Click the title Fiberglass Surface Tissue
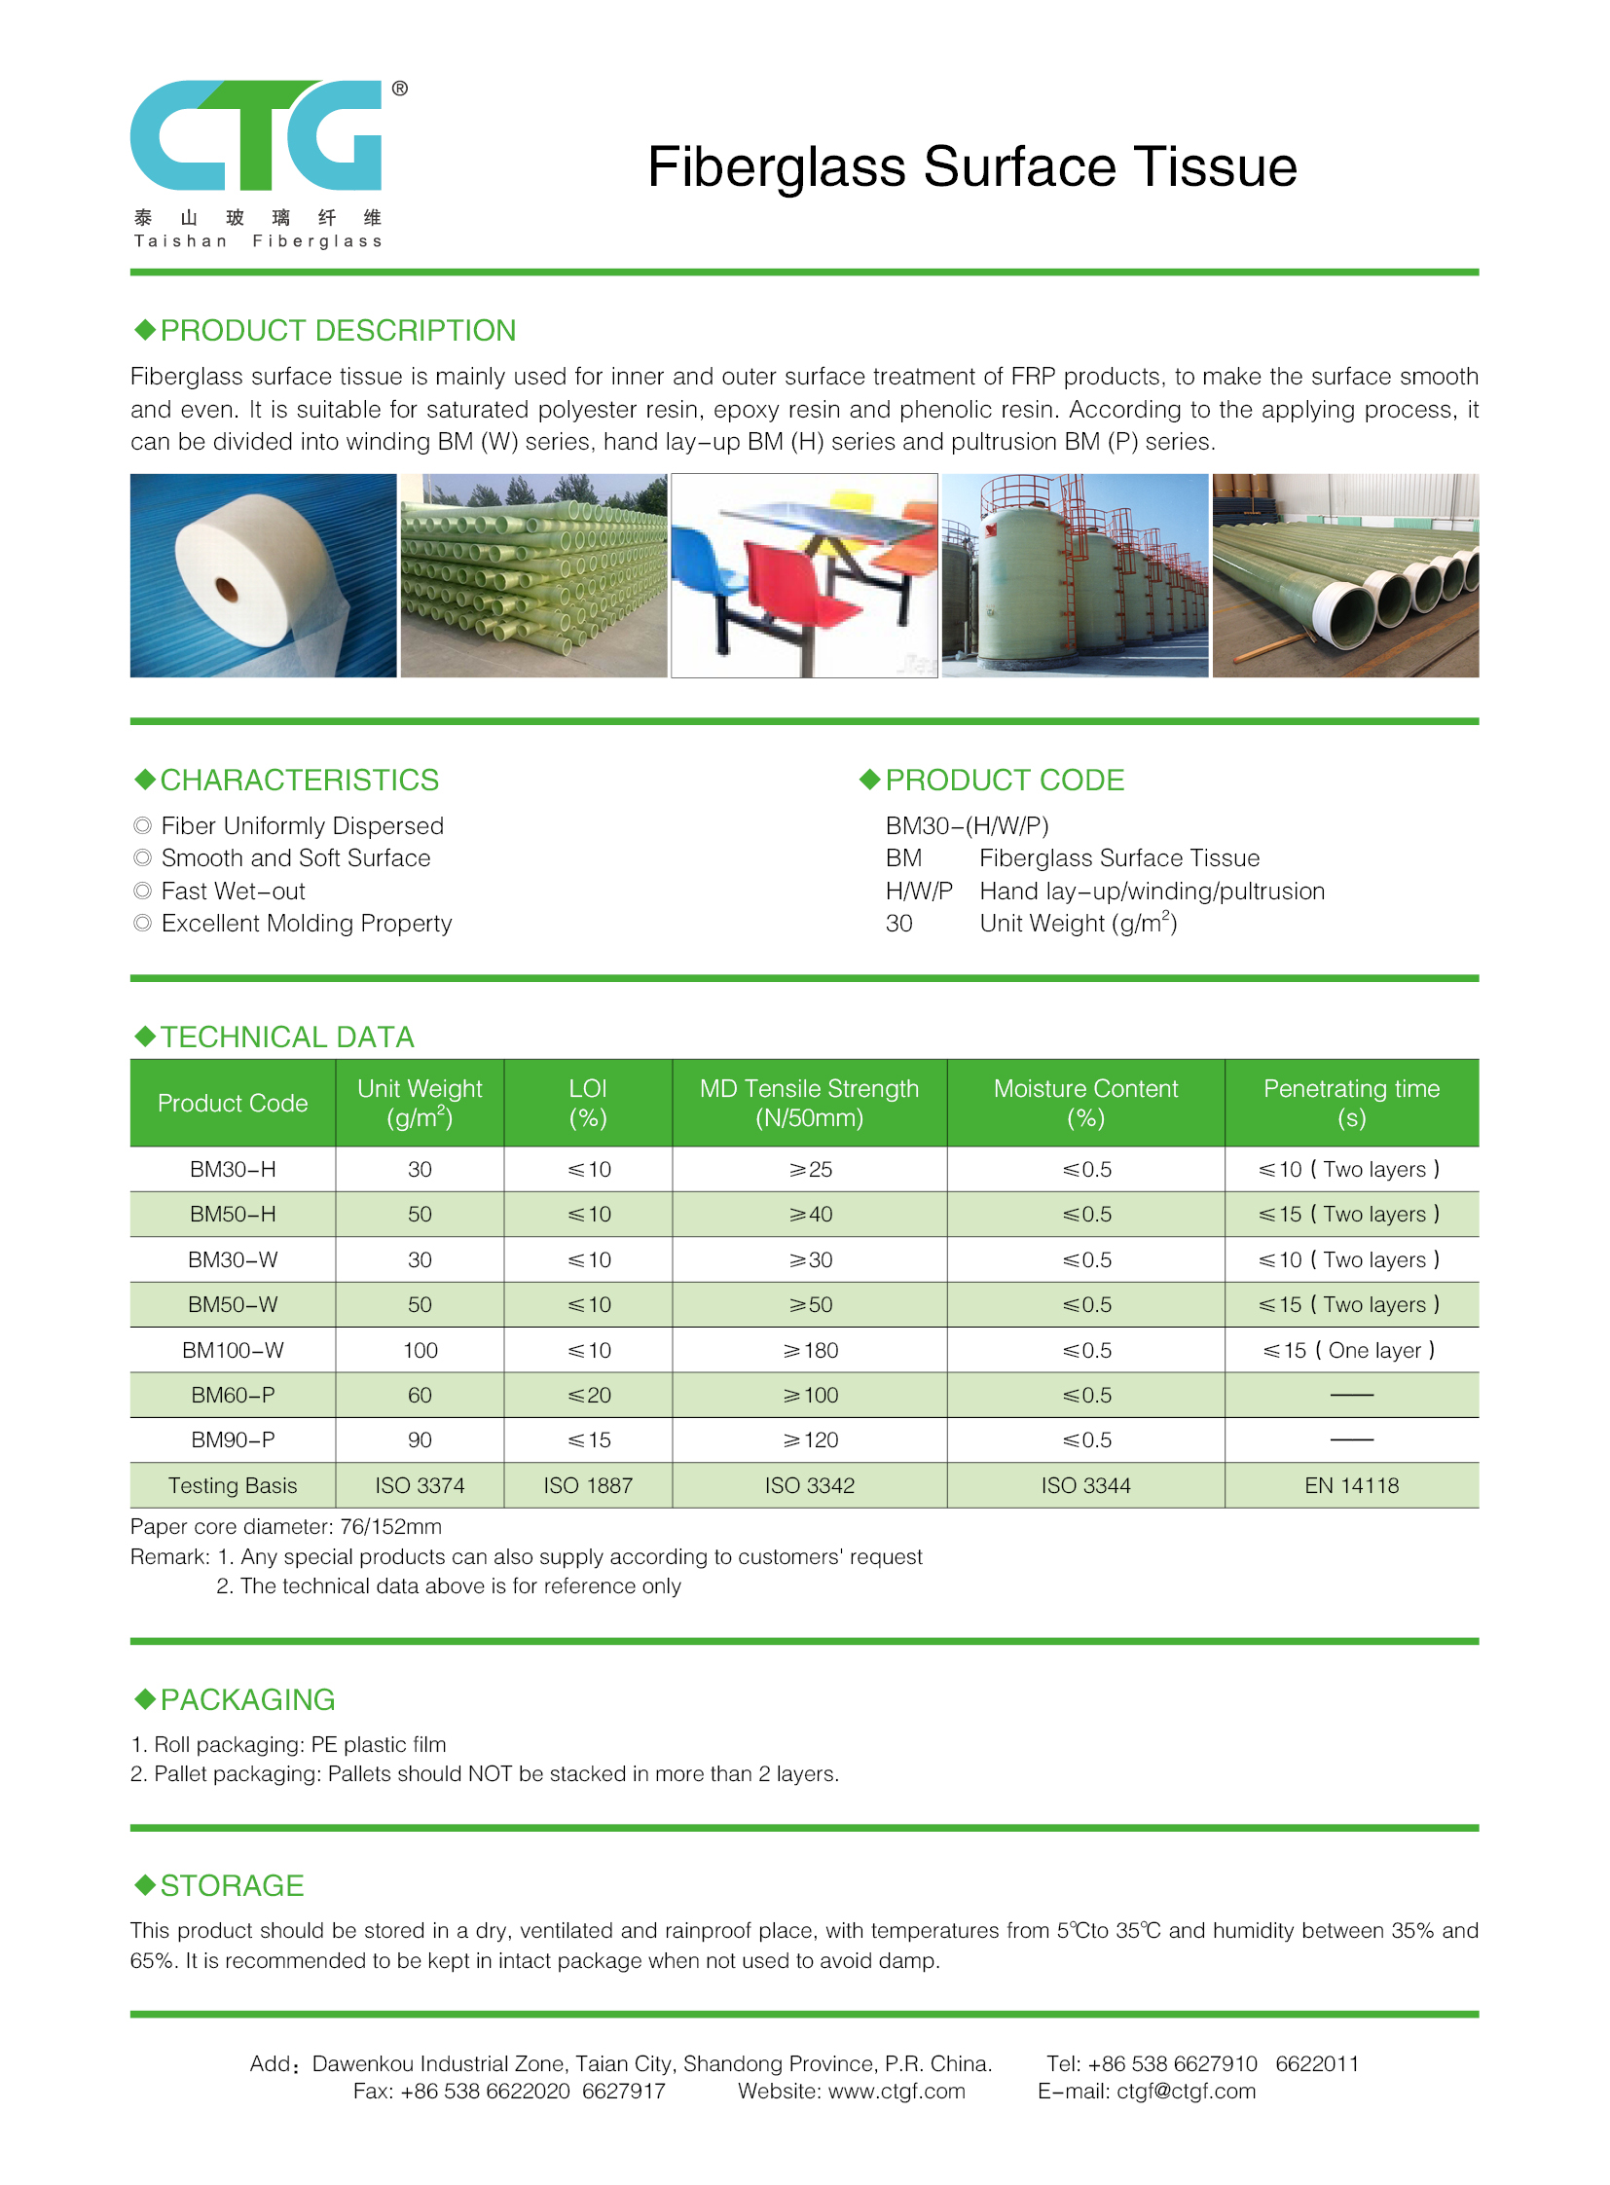[x=971, y=166]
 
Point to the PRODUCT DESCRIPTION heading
[x=337, y=331]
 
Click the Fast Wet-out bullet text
[x=233, y=891]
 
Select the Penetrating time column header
[x=1351, y=1103]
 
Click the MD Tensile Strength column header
[x=809, y=1103]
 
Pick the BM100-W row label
[x=233, y=1350]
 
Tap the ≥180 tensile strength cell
[x=810, y=1350]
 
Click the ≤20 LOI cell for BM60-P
[x=589, y=1395]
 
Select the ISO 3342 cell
[x=809, y=1485]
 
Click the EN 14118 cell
[x=1351, y=1485]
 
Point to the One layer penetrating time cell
[x=1350, y=1350]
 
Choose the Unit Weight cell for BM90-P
[x=421, y=1439]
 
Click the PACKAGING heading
[x=247, y=1699]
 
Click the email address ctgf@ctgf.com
[x=1185, y=2091]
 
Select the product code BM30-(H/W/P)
[x=967, y=825]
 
